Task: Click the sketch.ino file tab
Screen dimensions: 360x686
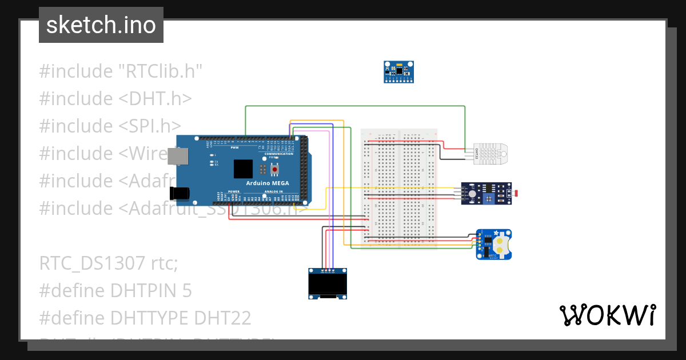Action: tap(101, 25)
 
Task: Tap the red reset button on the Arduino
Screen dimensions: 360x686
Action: tap(276, 170)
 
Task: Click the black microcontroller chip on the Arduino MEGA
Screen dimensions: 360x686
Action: tap(243, 169)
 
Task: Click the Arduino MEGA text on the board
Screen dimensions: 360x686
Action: tap(268, 183)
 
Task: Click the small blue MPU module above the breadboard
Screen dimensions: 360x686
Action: tap(398, 72)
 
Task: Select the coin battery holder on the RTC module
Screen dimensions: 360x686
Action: tap(501, 245)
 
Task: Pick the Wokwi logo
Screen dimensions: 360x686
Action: tap(607, 315)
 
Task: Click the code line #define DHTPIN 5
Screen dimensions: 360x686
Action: tap(115, 291)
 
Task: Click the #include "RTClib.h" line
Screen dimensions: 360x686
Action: tap(121, 71)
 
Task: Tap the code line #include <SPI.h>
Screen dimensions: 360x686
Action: tap(110, 126)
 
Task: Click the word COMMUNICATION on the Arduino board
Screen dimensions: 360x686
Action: tap(279, 154)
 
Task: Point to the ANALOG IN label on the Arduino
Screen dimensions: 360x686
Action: tap(273, 191)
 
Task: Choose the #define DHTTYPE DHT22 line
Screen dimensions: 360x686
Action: tap(145, 318)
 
